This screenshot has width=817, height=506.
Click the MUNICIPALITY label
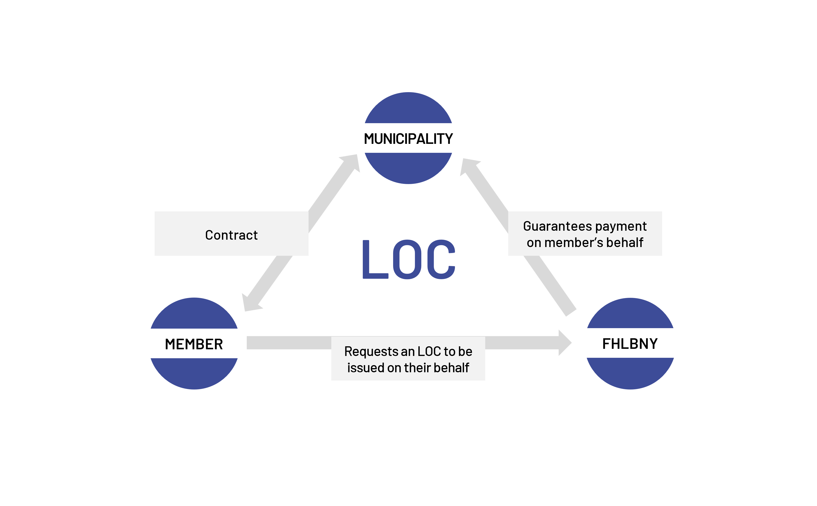pos(408,139)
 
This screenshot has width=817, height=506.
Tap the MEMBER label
pos(194,344)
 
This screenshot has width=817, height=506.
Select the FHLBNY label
pos(630,344)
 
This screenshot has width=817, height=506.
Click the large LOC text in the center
pos(408,259)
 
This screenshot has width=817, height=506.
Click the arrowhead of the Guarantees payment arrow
pos(469,166)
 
